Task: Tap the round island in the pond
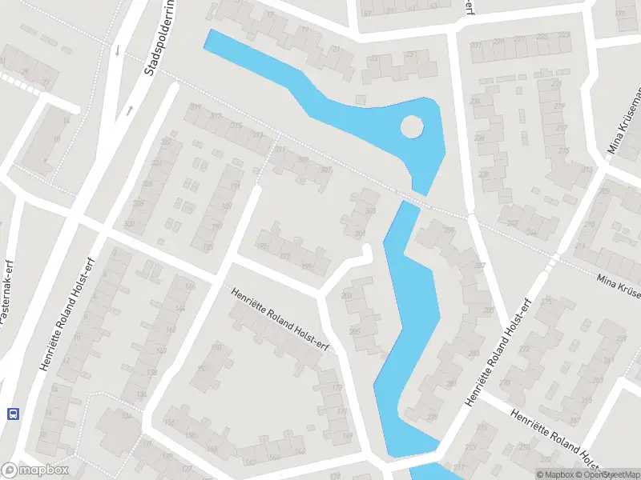coord(411,126)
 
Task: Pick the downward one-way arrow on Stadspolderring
coord(119,50)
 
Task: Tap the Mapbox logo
coord(35,470)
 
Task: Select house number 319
coord(195,108)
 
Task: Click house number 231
coord(478,45)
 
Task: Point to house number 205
coord(354,330)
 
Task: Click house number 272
coord(526,350)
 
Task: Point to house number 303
coord(369,211)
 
